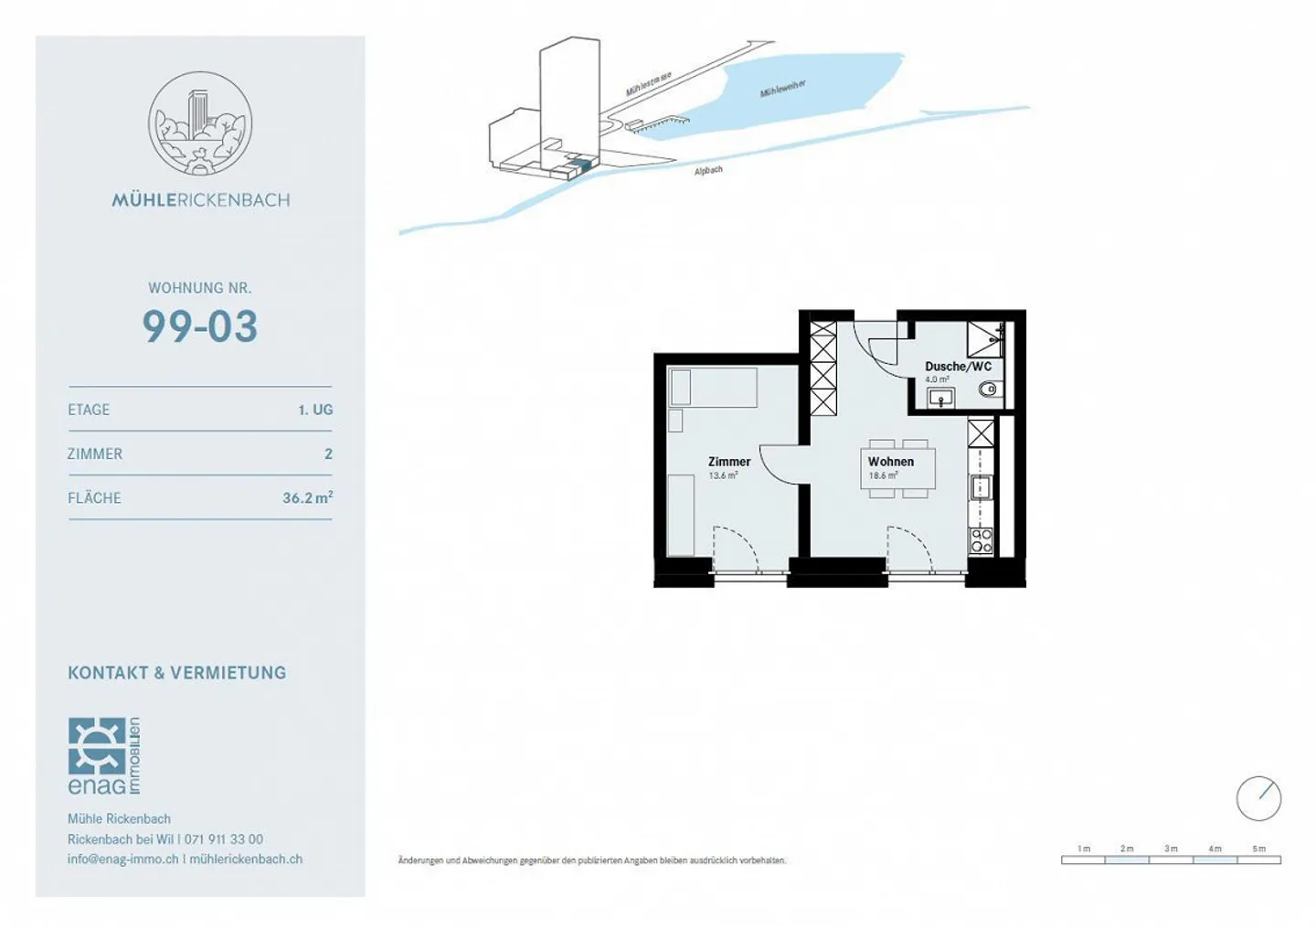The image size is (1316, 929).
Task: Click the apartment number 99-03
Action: [200, 326]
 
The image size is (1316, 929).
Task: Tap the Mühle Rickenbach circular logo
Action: [200, 123]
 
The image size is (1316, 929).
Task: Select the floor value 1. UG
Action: [315, 410]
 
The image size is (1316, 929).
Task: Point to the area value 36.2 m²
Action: [307, 497]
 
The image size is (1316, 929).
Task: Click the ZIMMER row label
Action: [95, 454]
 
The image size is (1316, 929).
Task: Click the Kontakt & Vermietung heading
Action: [176, 673]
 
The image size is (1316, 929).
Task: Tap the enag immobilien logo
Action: [103, 756]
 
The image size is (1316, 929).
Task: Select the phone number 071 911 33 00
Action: [224, 838]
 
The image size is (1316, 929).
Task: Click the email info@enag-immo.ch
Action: [122, 859]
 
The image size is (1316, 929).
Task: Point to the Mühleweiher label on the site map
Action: [782, 89]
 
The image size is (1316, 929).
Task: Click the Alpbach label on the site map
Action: [708, 170]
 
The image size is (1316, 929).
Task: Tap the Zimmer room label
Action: [728, 462]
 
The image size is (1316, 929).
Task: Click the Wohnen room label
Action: [890, 462]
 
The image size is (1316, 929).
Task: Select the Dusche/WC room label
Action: [958, 367]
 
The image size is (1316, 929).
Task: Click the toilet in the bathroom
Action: [988, 390]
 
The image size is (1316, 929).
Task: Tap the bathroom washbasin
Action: [940, 397]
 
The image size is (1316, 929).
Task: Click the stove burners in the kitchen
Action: [981, 540]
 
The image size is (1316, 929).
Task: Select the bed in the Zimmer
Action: [713, 388]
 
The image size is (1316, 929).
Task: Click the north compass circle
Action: [1258, 798]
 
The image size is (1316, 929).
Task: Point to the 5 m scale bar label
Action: [1258, 849]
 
